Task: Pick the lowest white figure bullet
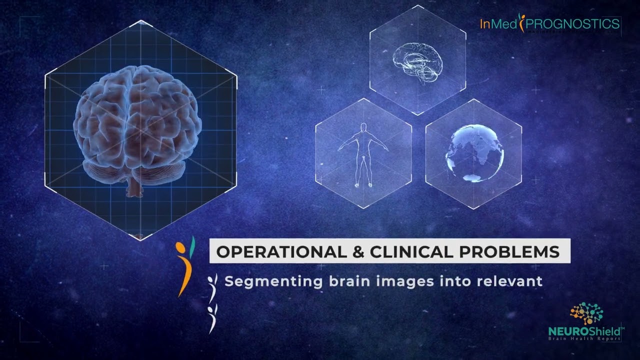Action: (x=212, y=318)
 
